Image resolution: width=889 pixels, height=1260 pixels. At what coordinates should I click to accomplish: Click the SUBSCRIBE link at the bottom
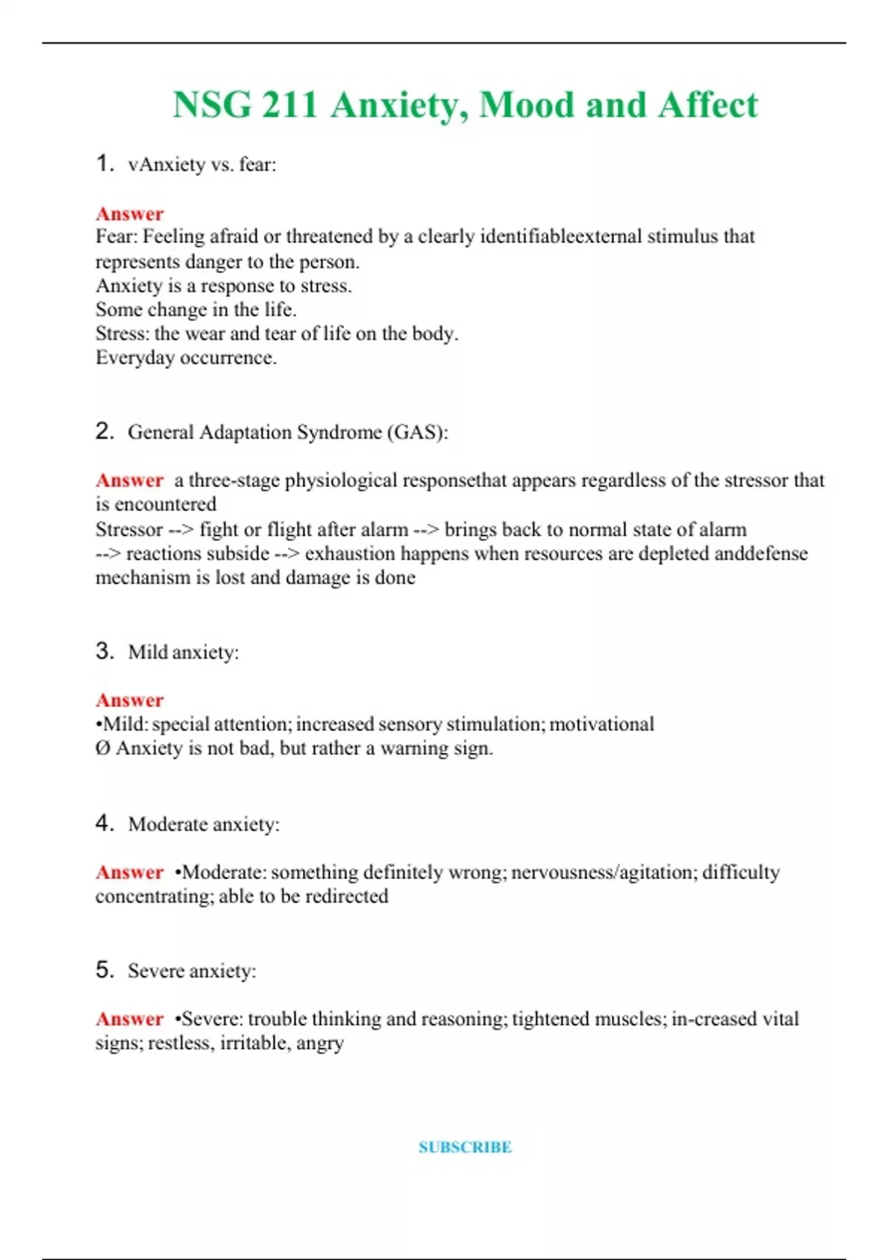point(465,1147)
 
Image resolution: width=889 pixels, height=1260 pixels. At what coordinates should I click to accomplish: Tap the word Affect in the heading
point(707,105)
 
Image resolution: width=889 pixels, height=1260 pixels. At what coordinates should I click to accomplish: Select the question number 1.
point(104,163)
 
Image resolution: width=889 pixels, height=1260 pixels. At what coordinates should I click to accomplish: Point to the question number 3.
point(104,651)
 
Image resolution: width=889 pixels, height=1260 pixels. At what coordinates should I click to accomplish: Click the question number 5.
point(104,969)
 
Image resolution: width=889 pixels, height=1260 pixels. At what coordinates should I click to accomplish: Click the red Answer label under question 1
point(130,213)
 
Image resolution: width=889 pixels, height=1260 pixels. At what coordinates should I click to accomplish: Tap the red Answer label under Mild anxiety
point(130,700)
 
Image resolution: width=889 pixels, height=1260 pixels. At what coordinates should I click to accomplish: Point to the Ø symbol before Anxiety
point(102,748)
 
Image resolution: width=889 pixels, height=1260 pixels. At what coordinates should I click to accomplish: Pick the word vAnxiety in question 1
point(167,164)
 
